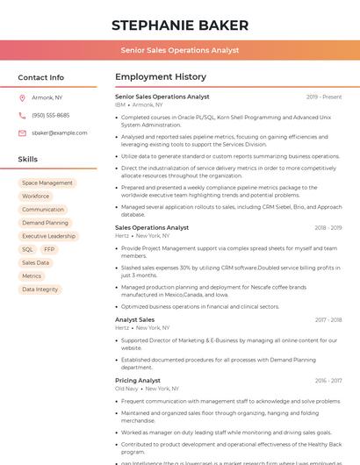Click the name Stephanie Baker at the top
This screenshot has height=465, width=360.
(x=180, y=25)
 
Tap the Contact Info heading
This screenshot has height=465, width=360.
(x=41, y=77)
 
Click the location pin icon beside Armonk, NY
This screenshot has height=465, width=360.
(x=23, y=98)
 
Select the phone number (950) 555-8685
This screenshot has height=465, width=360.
(x=50, y=116)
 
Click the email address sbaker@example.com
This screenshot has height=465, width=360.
(x=60, y=133)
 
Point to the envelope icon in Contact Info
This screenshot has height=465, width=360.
(x=23, y=133)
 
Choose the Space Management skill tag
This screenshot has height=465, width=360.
(x=47, y=183)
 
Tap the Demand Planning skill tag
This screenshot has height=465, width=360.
(x=45, y=223)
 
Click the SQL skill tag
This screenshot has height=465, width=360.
(x=27, y=249)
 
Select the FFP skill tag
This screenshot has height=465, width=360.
(x=49, y=249)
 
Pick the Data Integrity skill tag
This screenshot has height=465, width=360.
(x=40, y=289)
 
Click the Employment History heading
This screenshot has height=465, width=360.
(x=161, y=77)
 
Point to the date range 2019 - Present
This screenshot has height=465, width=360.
(x=324, y=97)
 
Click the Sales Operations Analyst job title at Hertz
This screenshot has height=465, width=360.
(x=152, y=227)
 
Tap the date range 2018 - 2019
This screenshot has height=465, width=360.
(x=328, y=228)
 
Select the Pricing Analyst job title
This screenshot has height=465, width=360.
(x=138, y=380)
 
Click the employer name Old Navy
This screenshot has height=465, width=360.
(x=126, y=388)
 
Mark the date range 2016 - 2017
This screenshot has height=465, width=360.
(x=328, y=381)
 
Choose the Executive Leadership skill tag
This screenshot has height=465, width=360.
(x=48, y=236)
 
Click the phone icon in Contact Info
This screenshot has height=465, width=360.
(x=23, y=116)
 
